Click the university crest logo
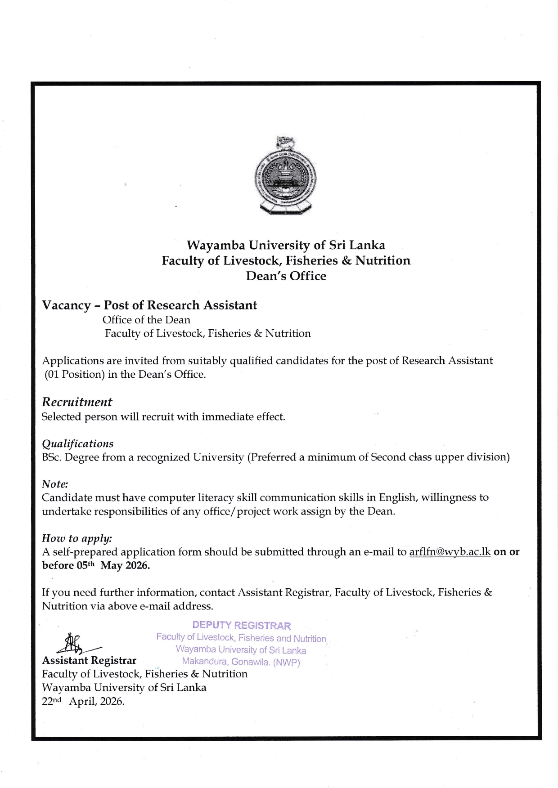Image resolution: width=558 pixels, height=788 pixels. click(285, 175)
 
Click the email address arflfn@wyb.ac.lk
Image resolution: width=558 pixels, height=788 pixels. click(450, 552)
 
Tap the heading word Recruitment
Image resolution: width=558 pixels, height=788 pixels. click(77, 402)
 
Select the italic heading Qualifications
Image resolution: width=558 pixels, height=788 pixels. click(77, 444)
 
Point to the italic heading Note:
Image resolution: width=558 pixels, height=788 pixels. click(55, 484)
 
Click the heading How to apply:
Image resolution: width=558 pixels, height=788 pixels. click(76, 538)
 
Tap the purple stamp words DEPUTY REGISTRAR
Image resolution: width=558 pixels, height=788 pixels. click(241, 625)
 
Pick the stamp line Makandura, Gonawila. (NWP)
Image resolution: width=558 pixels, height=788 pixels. click(241, 662)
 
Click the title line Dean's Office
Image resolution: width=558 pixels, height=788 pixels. click(286, 276)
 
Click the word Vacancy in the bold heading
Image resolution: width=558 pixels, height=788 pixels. click(66, 305)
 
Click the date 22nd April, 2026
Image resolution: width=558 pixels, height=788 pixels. click(83, 701)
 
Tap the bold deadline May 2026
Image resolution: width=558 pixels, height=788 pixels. click(125, 565)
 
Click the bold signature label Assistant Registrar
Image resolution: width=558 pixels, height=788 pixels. click(89, 660)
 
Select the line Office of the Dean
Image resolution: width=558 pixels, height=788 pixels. click(146, 320)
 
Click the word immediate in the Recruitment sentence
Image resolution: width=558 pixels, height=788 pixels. click(224, 416)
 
